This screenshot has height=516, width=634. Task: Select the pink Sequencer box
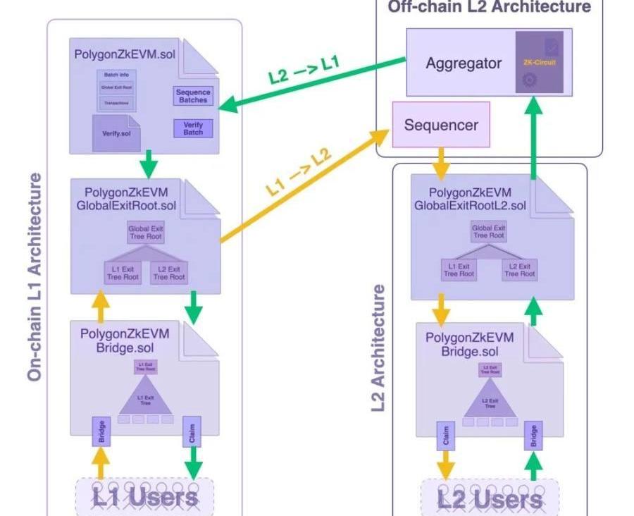coord(441,125)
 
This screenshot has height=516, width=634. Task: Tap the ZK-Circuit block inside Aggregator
coord(540,63)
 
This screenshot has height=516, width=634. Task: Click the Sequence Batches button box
coord(192,96)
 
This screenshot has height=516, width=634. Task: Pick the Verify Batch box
coord(192,128)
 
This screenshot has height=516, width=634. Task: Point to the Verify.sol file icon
coord(116,133)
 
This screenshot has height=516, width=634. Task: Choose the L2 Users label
coord(490,499)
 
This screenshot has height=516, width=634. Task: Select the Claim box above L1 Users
coord(192,431)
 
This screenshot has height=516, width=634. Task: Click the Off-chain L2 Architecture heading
coord(489,7)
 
